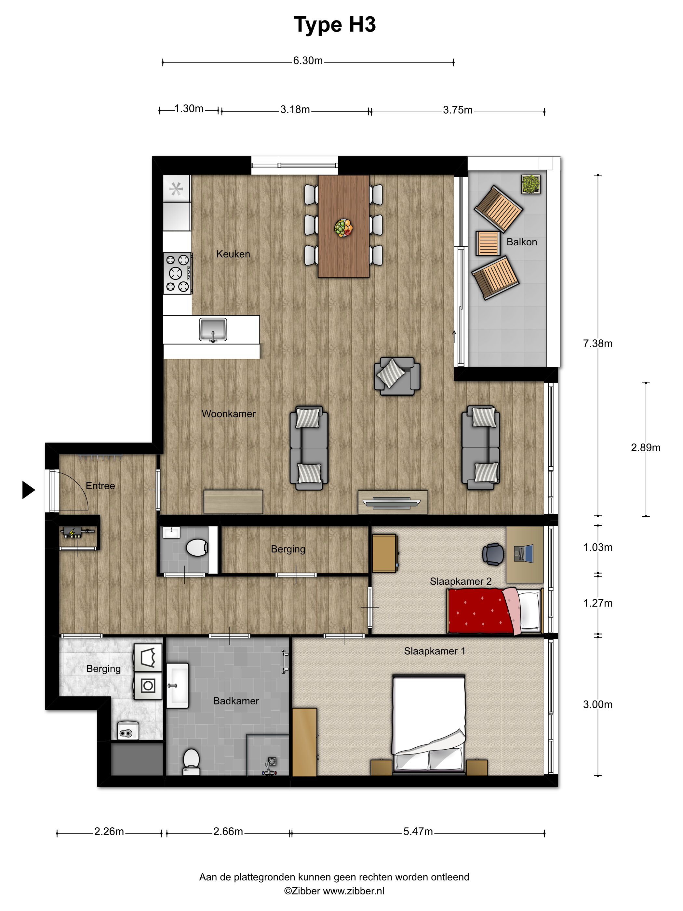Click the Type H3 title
[x=334, y=25]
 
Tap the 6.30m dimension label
[x=308, y=61]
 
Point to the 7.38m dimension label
[x=597, y=344]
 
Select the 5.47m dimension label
[x=418, y=832]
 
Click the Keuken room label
[x=233, y=254]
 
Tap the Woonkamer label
[x=229, y=414]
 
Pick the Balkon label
[x=522, y=242]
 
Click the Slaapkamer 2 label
[x=461, y=581]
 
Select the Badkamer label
[x=236, y=700]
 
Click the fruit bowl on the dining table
[x=343, y=228]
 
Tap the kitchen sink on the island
[x=213, y=330]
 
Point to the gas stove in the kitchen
[x=178, y=273]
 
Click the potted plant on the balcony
[x=531, y=184]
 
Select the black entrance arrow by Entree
[x=28, y=490]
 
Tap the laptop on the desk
[x=524, y=553]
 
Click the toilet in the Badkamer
[x=191, y=762]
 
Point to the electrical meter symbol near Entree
[x=77, y=533]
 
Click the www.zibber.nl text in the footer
[x=353, y=891]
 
